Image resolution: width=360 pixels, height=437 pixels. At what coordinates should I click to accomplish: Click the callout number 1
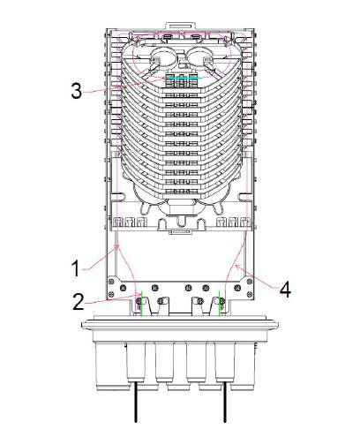click(x=76, y=268)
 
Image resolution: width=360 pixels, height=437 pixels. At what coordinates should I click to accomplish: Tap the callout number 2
click(x=79, y=301)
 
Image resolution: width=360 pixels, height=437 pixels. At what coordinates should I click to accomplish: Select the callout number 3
click(x=77, y=90)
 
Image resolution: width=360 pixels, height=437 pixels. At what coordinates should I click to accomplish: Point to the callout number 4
click(x=285, y=289)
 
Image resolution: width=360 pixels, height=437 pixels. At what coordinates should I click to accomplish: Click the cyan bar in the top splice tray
click(x=183, y=79)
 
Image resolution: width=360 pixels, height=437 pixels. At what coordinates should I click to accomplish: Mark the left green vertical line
click(x=141, y=304)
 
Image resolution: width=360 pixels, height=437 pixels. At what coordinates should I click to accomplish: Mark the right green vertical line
click(x=220, y=304)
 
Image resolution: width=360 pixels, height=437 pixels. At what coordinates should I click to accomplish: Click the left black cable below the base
click(x=136, y=402)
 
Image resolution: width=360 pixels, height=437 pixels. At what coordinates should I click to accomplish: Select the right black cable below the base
click(x=225, y=402)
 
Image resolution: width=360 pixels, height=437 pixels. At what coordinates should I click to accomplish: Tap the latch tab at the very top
click(x=181, y=26)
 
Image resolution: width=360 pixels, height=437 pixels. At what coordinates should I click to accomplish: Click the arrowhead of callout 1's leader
click(x=117, y=247)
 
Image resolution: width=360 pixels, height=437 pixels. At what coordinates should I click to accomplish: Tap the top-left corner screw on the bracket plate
click(x=112, y=282)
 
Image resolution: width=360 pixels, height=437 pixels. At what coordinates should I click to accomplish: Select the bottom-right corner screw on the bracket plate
click(x=250, y=294)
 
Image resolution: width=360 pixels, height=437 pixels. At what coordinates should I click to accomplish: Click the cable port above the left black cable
click(x=136, y=362)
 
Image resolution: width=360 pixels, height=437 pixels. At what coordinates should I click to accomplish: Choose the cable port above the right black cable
click(x=225, y=362)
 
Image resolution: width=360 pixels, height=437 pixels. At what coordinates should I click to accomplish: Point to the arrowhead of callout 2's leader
click(x=138, y=295)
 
